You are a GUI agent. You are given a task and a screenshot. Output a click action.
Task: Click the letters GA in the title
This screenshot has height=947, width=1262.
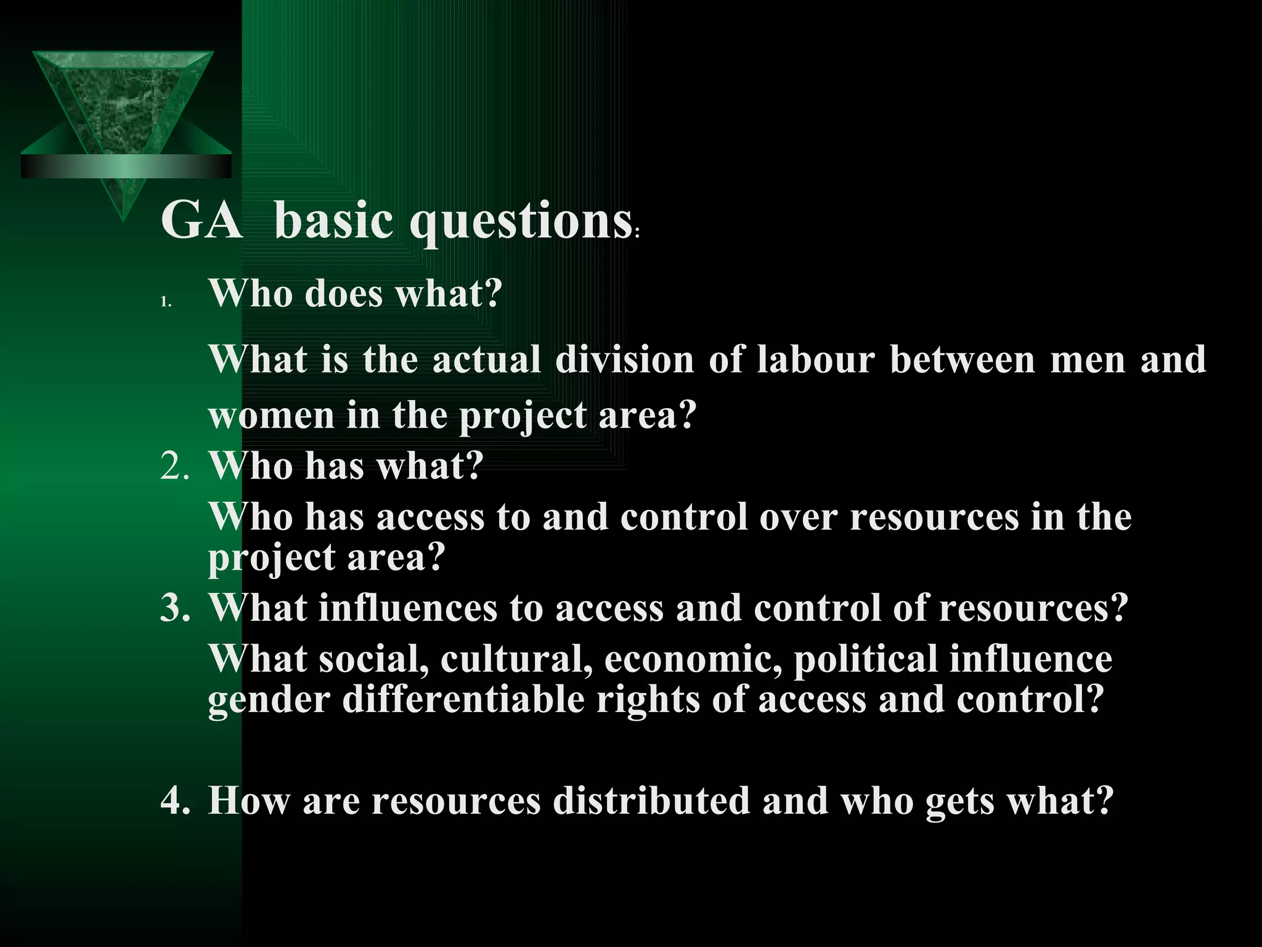(202, 220)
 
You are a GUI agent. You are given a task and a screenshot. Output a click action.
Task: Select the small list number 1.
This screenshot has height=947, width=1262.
(165, 302)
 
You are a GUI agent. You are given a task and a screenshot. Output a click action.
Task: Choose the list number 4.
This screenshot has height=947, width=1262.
(174, 800)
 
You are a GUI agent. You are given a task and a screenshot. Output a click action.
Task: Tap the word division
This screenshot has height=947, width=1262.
(624, 359)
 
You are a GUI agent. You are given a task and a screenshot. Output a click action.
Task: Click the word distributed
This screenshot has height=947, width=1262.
(652, 800)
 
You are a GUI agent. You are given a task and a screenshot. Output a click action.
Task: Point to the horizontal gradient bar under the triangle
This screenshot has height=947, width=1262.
(126, 166)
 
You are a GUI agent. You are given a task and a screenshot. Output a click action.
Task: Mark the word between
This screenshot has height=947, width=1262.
(962, 359)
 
